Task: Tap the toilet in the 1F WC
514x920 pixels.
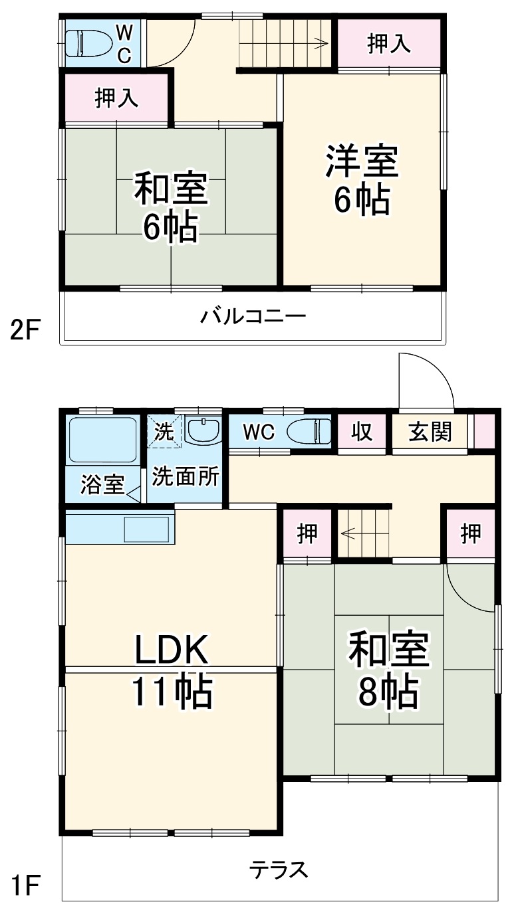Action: coord(311,432)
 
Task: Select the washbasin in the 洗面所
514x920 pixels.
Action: coord(203,431)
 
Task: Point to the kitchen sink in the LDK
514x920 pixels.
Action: coord(146,529)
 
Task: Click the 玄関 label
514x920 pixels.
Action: coord(430,432)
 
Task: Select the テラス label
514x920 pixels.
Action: coord(279,869)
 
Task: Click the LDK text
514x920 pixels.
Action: coord(172,650)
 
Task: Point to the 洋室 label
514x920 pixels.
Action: coord(361,161)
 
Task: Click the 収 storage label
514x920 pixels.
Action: coord(362,432)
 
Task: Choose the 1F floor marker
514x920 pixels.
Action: coord(25,886)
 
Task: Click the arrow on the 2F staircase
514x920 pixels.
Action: coord(321,45)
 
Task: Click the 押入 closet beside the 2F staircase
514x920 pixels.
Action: coord(389,44)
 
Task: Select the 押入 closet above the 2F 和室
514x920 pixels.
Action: coord(116,98)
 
